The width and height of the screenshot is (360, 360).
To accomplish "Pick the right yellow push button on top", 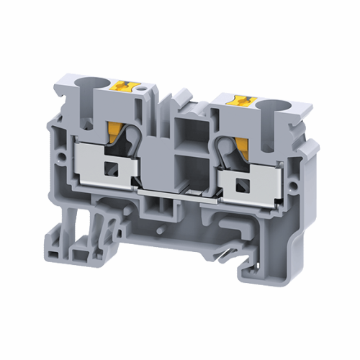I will click(x=238, y=102).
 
